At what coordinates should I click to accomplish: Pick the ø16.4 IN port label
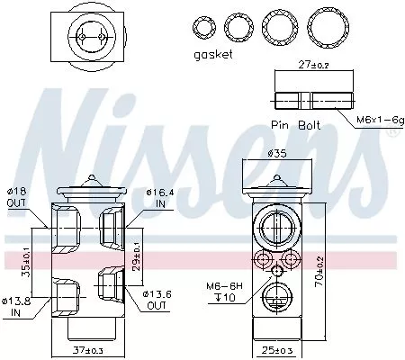[x=157, y=197]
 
